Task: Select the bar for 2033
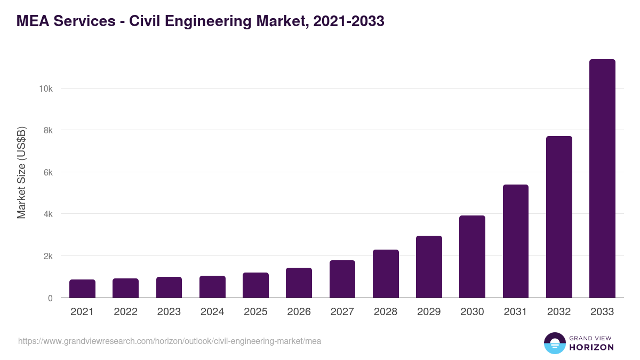pos(602,179)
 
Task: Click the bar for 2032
pos(559,217)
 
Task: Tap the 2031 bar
pos(516,241)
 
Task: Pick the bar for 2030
pos(472,257)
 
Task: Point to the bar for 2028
pos(386,274)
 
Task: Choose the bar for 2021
pos(82,289)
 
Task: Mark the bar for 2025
pos(255,285)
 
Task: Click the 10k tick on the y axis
pos(46,89)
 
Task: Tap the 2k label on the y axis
pos(48,256)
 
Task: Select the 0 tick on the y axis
pos(50,298)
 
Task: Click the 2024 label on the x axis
pos(212,312)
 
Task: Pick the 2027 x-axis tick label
pos(342,312)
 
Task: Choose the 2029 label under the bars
pos(429,312)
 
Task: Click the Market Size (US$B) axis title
pos(21,172)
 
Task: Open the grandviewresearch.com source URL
pos(170,341)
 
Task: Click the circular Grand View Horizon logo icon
pos(555,343)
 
